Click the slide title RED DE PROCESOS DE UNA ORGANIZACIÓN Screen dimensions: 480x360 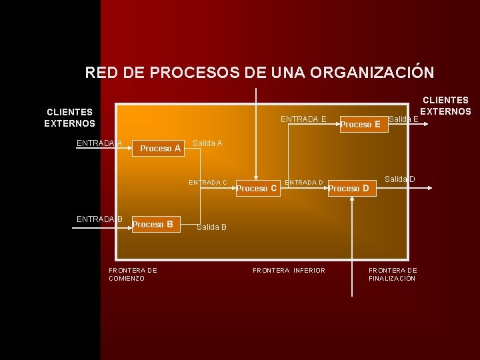coord(259,72)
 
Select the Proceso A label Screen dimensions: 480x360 coord(160,149)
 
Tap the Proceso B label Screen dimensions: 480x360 coord(153,224)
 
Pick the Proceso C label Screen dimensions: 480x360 coord(257,189)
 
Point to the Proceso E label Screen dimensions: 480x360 coord(360,124)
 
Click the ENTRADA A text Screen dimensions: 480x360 coord(99,143)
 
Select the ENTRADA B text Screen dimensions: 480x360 coord(99,219)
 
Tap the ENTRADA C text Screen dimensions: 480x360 coord(208,182)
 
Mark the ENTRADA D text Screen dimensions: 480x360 coord(304,182)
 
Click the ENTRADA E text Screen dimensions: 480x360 coord(303,119)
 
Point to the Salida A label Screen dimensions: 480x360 coord(207,143)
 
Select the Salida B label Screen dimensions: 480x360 coord(211,227)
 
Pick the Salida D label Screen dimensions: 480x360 coord(399,179)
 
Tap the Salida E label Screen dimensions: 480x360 coord(403,119)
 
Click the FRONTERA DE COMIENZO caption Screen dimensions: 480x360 coord(133,274)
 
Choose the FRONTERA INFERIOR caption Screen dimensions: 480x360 coord(289,270)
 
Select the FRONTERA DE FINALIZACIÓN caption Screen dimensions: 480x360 coord(393,274)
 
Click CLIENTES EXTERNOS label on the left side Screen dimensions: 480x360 coord(69,117)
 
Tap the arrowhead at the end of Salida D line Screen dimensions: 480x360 coord(431,189)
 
